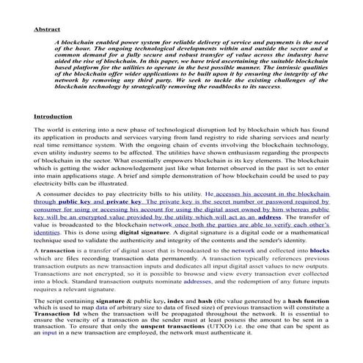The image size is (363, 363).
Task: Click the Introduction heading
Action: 53,117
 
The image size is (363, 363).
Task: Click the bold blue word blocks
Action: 320,251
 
